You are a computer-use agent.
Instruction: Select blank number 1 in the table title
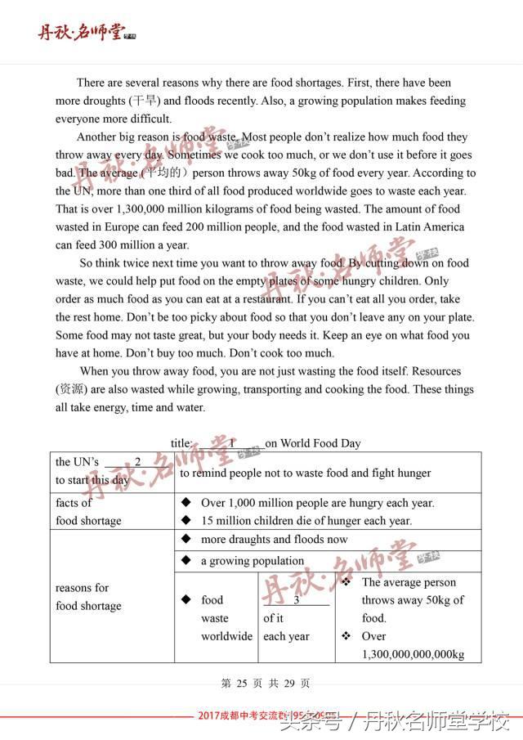point(232,443)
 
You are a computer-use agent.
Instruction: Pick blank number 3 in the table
point(296,600)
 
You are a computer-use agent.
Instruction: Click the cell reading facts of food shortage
point(88,512)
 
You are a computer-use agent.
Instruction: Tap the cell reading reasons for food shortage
point(88,597)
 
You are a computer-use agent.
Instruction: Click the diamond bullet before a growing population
point(186,561)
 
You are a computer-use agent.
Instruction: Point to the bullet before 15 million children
point(186,521)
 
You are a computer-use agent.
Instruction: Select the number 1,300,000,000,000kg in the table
point(413,654)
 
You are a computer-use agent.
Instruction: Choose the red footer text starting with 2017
point(270,715)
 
